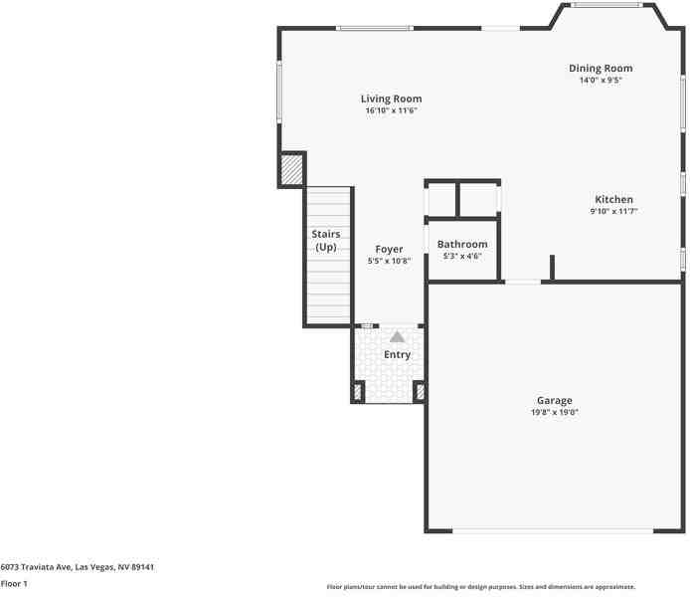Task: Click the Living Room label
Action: (391, 99)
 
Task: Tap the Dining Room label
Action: (601, 69)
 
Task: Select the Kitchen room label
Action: (613, 200)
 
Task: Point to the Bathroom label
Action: (462, 245)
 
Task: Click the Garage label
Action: (554, 401)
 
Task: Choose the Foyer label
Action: (389, 250)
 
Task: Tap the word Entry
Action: (397, 355)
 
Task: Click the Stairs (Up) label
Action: (326, 241)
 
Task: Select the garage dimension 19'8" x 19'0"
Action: (554, 412)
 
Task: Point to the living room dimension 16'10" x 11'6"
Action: (391, 110)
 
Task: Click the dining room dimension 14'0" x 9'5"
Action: (601, 81)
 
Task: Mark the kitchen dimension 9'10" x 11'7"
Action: (613, 211)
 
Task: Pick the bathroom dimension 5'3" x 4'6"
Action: (462, 256)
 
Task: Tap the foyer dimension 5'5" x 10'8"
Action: (389, 261)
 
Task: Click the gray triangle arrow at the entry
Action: (397, 337)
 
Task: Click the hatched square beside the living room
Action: (290, 170)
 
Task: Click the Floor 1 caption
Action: (14, 583)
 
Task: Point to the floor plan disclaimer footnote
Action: (481, 587)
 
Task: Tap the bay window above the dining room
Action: (605, 5)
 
